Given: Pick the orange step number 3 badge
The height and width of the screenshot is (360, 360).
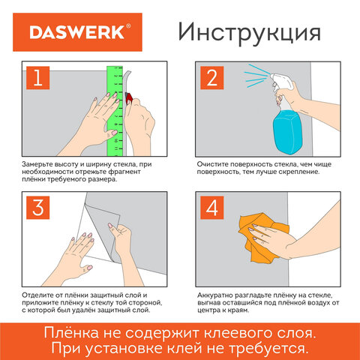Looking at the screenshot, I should [35, 209].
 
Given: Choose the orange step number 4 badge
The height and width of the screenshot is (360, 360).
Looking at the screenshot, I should [212, 209].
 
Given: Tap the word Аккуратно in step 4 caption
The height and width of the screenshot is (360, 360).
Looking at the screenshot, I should [218, 294].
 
